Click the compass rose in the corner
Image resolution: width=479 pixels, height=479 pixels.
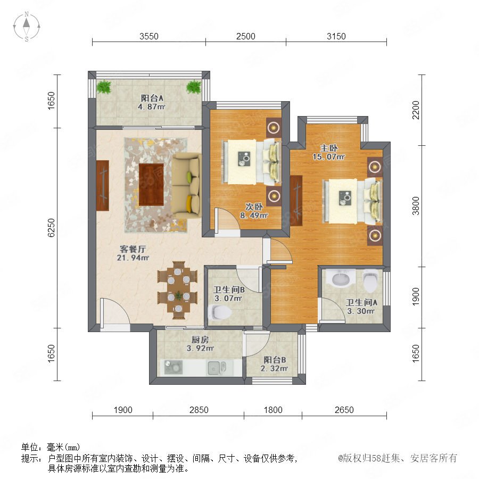[27, 27]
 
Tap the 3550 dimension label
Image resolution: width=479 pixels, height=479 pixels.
[149, 36]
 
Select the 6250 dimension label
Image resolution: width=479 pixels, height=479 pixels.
[51, 228]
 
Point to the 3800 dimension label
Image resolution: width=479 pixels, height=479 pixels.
[416, 206]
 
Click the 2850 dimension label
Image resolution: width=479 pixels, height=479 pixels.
[199, 410]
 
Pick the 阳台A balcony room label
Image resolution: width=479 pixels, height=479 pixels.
[152, 98]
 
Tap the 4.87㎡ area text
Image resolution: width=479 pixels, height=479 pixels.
[152, 106]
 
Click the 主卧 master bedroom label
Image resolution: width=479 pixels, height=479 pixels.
[329, 148]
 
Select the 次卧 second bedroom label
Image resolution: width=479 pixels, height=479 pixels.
[254, 207]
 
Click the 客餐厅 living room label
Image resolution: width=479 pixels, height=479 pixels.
[133, 249]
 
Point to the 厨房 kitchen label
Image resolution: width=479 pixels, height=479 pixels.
[200, 340]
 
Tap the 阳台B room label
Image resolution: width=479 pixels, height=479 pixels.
[275, 360]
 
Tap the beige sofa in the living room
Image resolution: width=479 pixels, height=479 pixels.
[186, 185]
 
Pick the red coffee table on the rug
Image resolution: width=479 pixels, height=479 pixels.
[151, 185]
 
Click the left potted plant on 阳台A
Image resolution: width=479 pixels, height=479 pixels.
[104, 87]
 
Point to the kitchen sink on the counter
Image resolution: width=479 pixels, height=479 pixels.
[217, 367]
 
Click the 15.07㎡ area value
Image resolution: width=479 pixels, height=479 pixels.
[329, 156]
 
